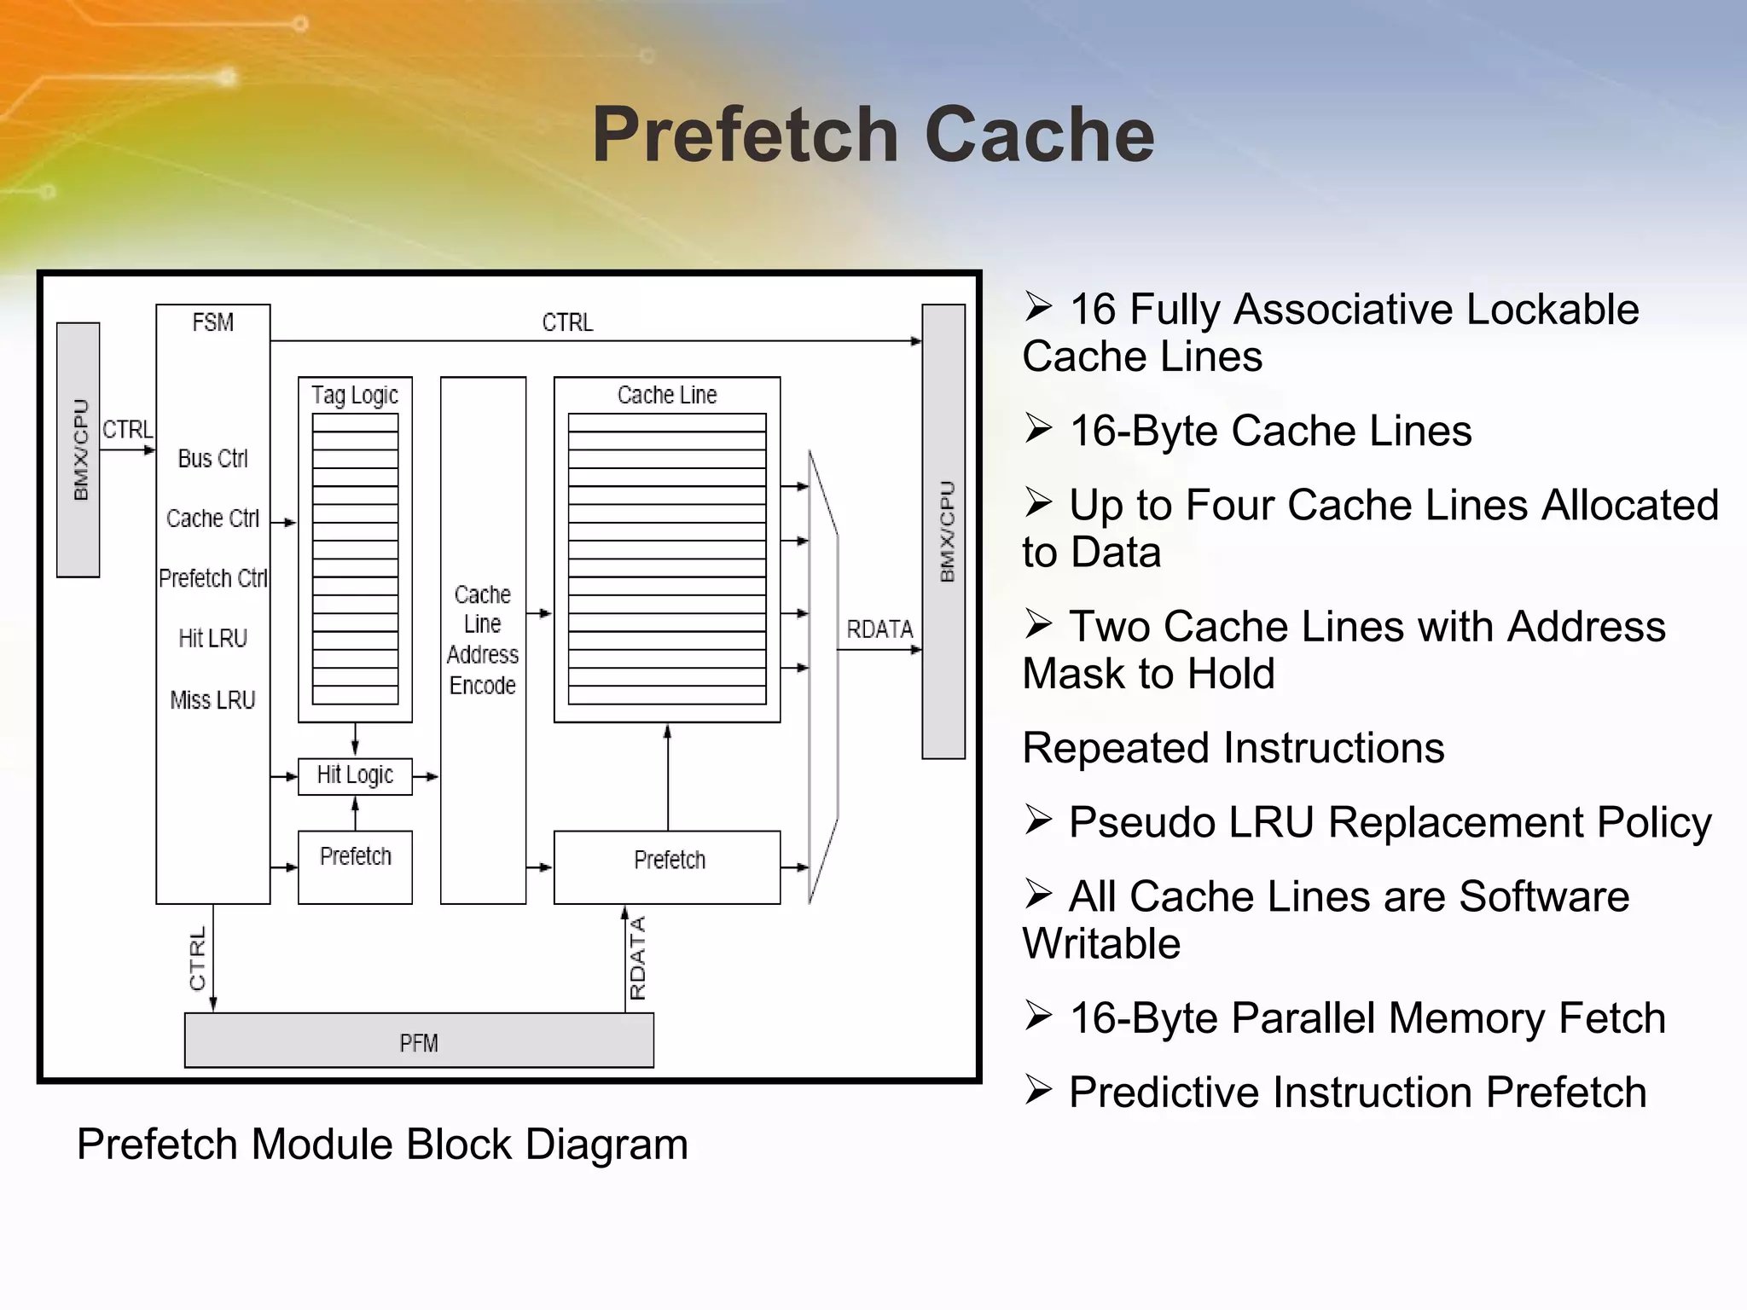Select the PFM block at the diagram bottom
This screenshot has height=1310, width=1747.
tap(419, 1041)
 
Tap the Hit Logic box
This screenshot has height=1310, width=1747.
tap(355, 775)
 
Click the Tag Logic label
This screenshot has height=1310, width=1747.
tap(355, 395)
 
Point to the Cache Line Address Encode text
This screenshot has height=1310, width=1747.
tap(483, 640)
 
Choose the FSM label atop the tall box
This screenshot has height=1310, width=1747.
tap(212, 322)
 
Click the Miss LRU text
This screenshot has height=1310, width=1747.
tap(212, 700)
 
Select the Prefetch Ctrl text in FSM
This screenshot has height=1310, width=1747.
tap(212, 578)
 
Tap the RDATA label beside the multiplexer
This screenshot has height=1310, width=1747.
tap(879, 629)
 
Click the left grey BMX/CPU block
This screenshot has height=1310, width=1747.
tap(78, 450)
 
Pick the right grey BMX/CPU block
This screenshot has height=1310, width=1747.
tap(944, 531)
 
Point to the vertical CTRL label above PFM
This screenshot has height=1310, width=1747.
tap(198, 959)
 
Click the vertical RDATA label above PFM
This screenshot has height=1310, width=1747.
tap(637, 957)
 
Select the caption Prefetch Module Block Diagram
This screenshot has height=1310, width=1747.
tap(382, 1145)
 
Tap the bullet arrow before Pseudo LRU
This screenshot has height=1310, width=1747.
tap(1038, 820)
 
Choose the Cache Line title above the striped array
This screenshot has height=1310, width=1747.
tap(667, 395)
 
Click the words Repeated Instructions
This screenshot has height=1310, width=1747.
tap(1233, 748)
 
